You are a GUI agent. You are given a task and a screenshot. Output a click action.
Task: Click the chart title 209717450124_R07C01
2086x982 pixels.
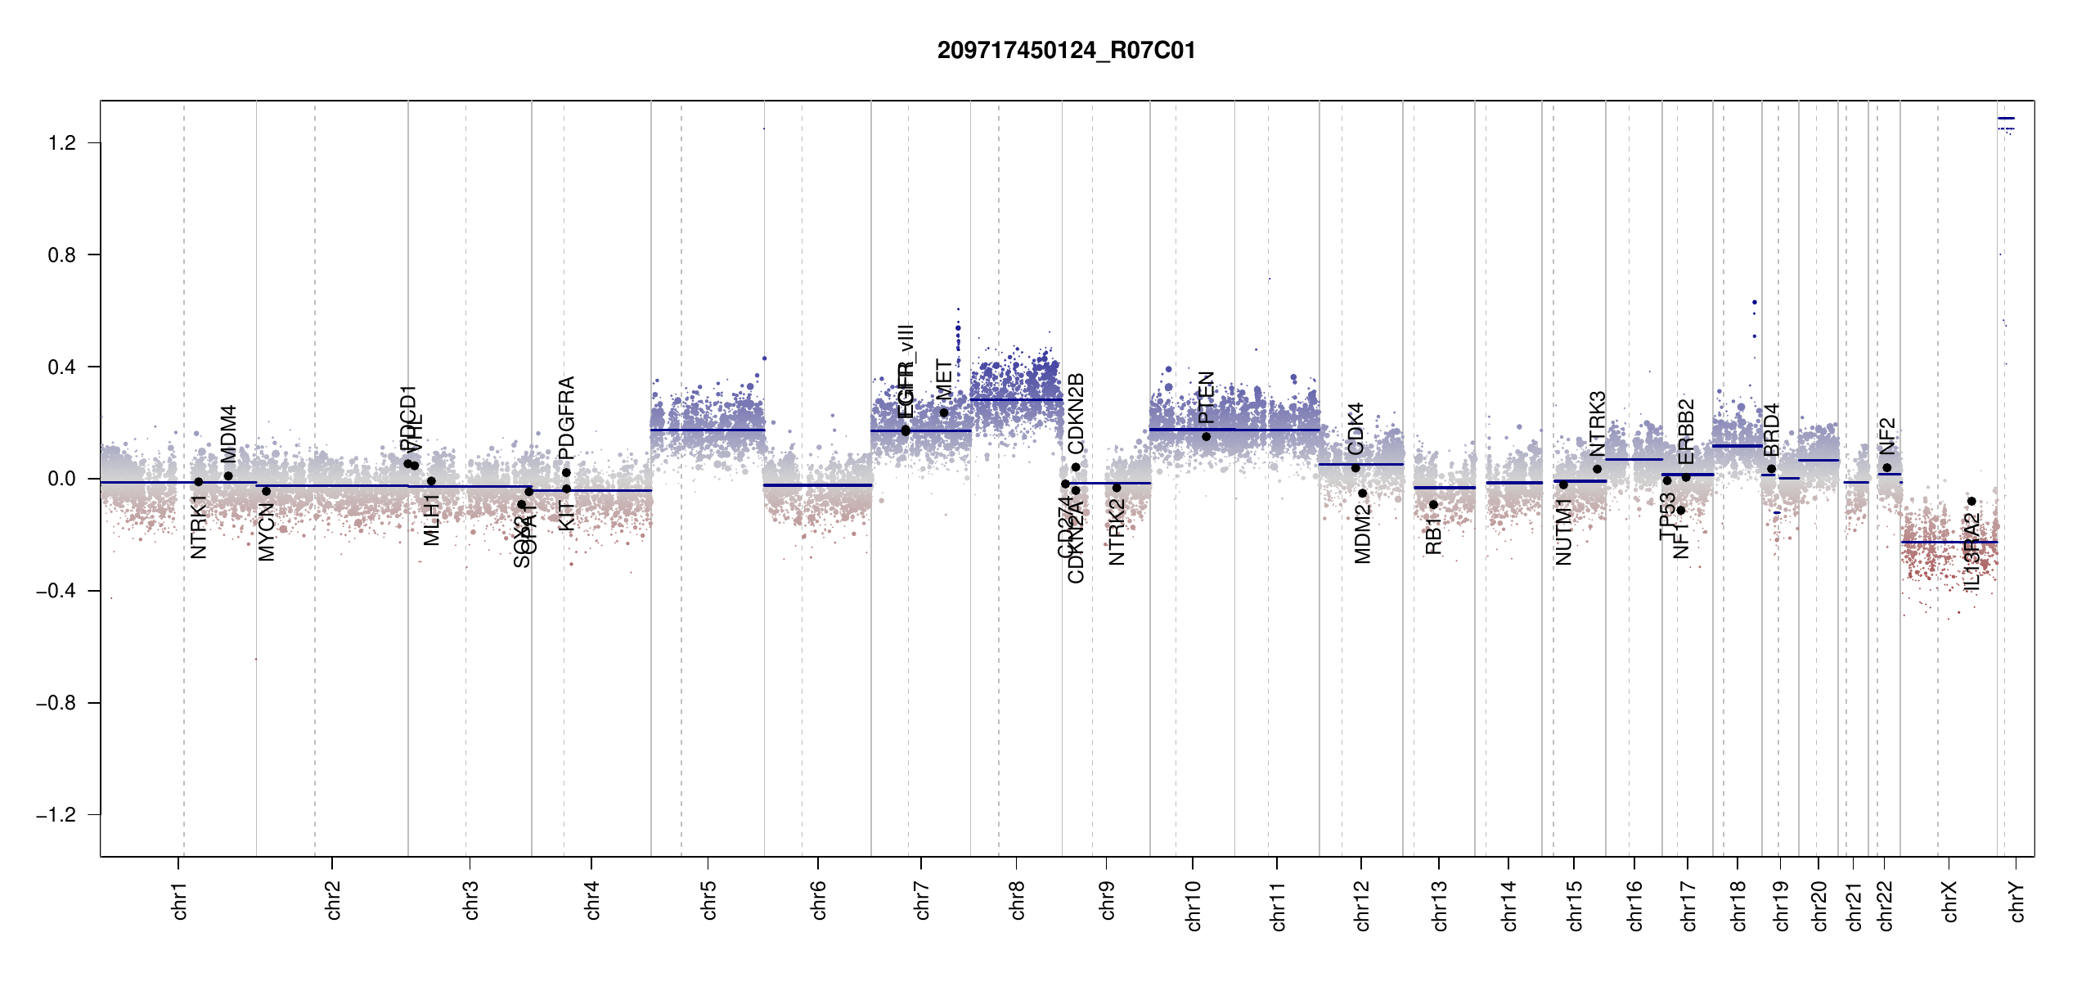coord(1066,51)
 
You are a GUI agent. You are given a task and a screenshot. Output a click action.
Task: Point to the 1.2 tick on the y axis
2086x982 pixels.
coord(61,143)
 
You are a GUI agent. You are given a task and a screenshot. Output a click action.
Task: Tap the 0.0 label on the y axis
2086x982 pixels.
coord(61,479)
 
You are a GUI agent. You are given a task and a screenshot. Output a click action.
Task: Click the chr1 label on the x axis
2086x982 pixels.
coord(180,900)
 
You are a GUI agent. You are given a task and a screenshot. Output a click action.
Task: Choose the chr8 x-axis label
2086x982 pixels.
coord(1017,900)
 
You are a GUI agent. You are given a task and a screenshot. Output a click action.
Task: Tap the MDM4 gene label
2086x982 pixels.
coord(228,434)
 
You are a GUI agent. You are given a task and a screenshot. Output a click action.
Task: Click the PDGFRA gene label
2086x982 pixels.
coord(566,417)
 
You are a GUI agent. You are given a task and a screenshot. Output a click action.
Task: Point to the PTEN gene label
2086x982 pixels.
coord(1206,398)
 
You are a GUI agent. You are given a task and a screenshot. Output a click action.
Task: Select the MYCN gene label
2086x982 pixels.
coord(266,533)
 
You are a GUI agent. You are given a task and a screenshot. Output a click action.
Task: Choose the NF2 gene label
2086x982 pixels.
coord(1887,436)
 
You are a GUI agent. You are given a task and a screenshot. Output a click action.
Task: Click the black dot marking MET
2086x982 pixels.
coord(944,412)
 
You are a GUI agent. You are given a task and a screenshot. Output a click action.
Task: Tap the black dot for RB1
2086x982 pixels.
coord(1433,505)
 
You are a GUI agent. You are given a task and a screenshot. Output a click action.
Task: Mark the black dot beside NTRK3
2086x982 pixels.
coord(1597,469)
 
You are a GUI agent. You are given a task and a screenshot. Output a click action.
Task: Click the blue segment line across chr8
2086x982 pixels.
coord(1016,399)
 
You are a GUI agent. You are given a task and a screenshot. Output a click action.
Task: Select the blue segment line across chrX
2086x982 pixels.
coord(1949,543)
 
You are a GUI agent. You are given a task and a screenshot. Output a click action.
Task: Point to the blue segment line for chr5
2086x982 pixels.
coord(708,430)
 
